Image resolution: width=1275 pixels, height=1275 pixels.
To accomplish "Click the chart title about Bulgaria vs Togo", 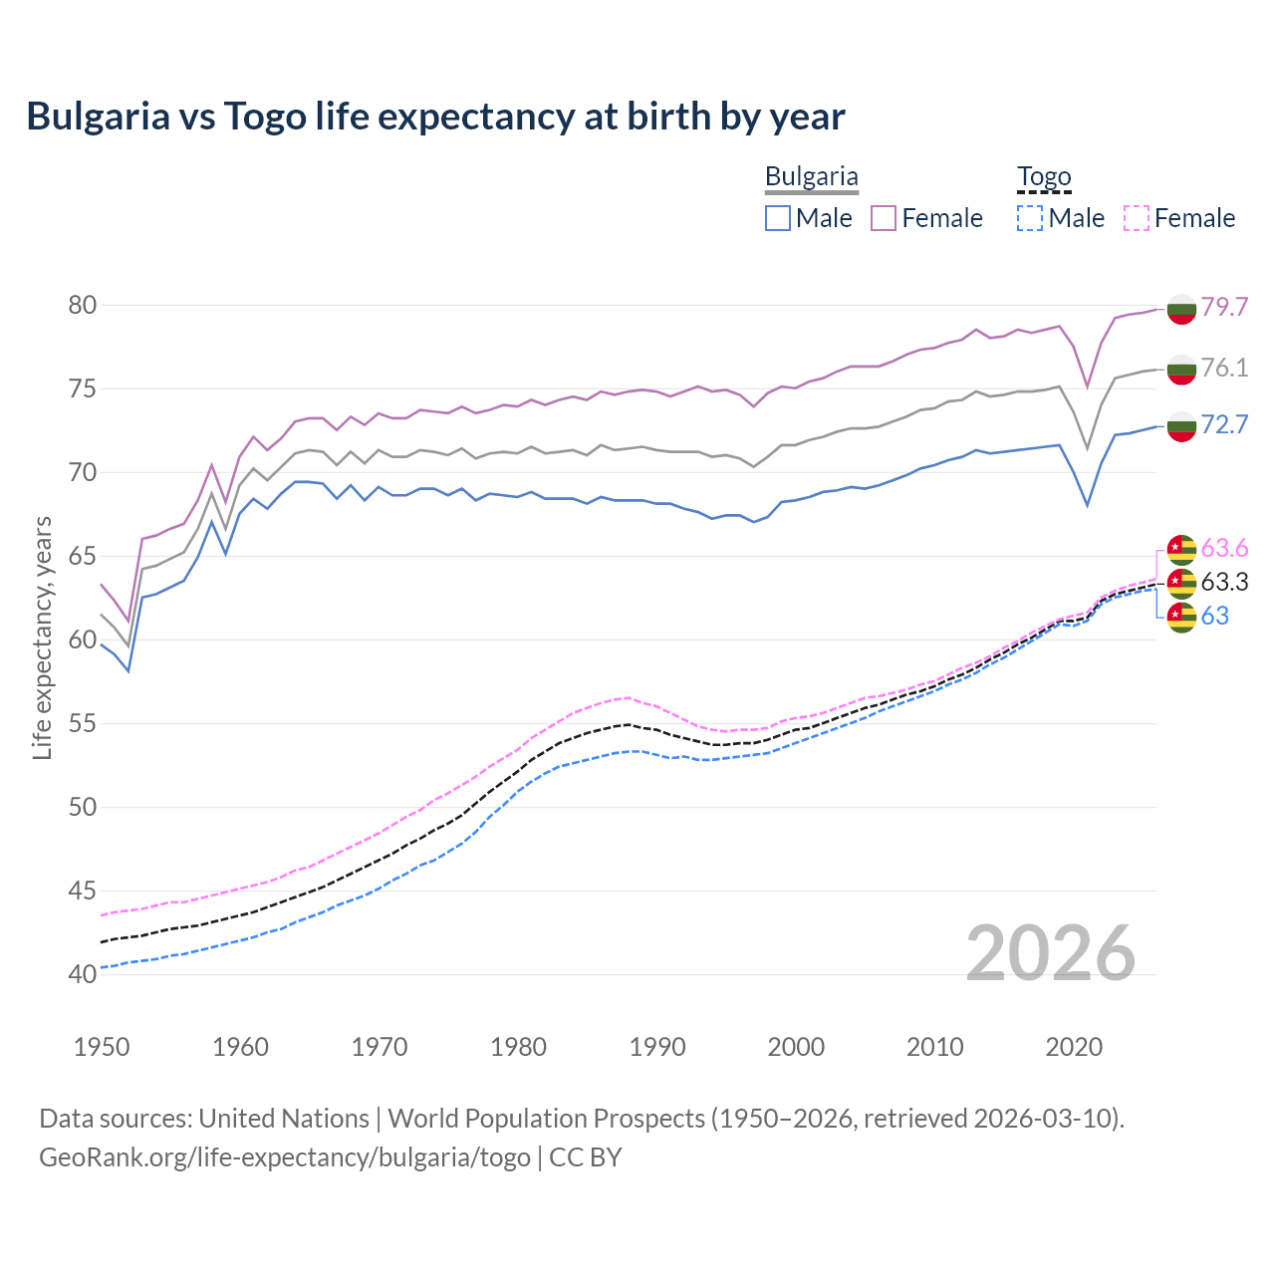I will pos(435,117).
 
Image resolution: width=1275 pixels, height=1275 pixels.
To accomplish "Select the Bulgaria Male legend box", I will pos(778,218).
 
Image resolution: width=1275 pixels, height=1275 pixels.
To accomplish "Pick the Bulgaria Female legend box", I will pos(884,218).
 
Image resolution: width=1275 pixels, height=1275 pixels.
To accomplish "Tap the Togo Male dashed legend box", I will pos(1030,218).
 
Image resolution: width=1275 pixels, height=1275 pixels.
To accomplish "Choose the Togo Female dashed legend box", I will pos(1136,218).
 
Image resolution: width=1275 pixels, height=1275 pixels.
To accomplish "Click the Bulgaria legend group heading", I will pos(811,177).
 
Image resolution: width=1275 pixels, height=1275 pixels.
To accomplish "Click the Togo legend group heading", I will pos(1043,177).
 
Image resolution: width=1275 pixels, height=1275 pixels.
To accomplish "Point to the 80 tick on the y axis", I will pos(83,305).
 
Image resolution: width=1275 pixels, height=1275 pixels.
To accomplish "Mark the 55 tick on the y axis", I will pos(83,723).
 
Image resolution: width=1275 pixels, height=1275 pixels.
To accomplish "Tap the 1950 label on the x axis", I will pos(102,1047).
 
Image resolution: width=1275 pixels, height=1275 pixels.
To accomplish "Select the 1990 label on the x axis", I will pos(657,1047).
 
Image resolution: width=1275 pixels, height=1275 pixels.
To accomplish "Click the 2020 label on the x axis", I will pos(1074,1047).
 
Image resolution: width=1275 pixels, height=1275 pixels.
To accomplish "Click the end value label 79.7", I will pos(1224,307).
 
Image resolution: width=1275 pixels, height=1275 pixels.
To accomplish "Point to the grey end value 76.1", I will pos(1224,368).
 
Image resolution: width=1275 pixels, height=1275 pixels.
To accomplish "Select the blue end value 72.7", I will pos(1224,424).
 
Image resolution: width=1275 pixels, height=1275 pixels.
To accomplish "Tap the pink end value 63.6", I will pos(1224,548).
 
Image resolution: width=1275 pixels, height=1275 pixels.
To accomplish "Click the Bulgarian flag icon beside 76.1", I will pos(1181,369).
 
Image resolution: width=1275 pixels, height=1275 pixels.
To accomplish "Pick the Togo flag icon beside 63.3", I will pos(1181,583).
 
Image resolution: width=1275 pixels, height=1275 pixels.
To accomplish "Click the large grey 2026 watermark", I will pos(1050,953).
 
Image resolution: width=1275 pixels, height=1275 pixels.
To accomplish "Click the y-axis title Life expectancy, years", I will pos(43,637).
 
